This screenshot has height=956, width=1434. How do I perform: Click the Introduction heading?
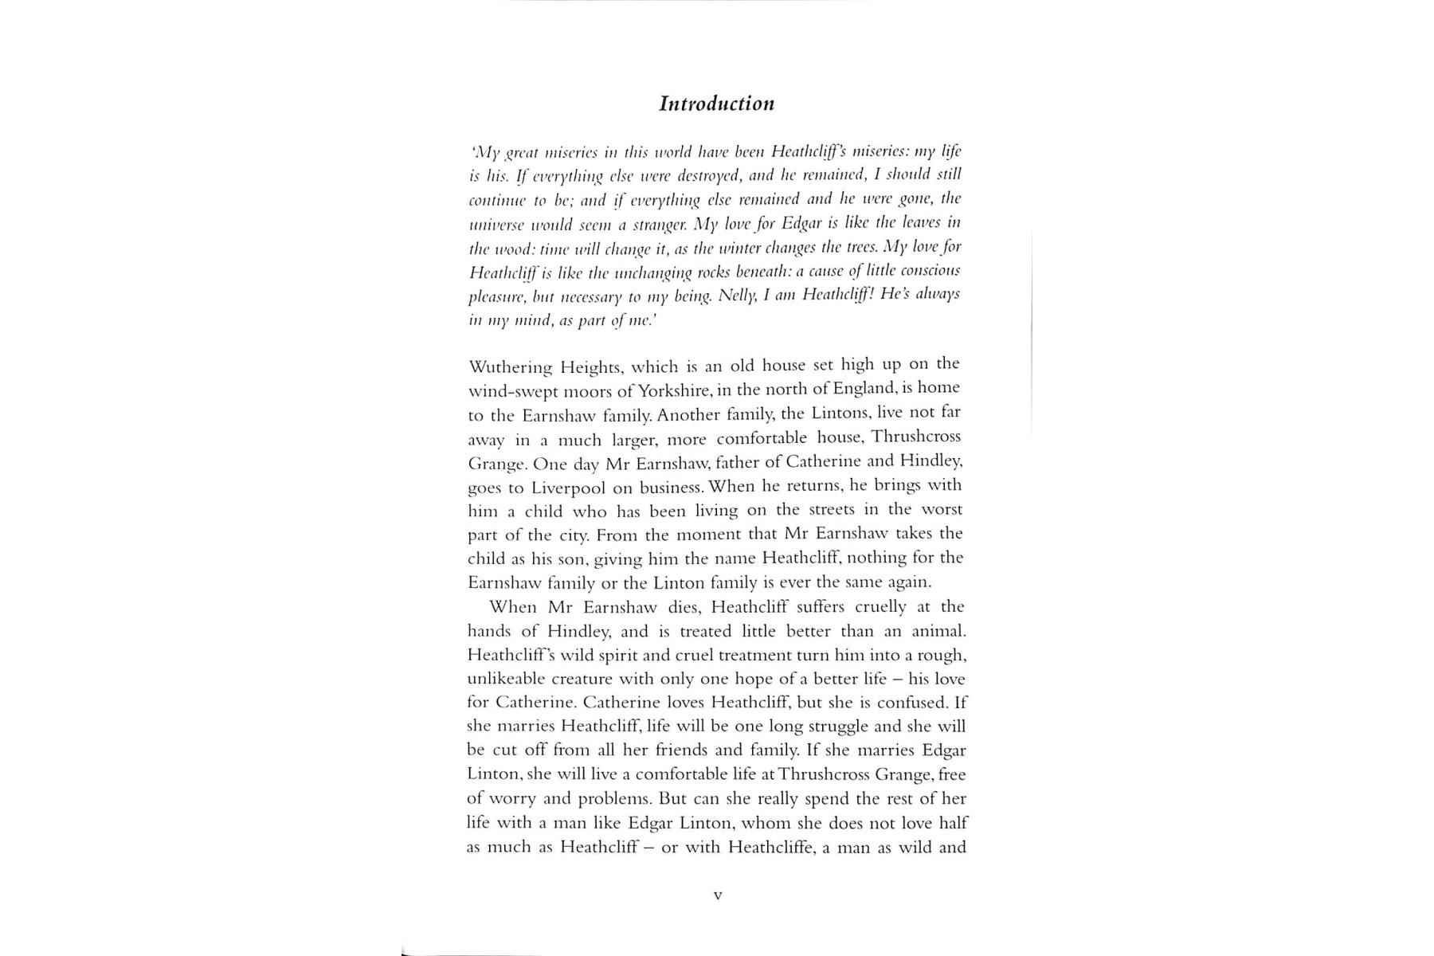pos(716,104)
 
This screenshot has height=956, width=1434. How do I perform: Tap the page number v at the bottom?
pos(718,895)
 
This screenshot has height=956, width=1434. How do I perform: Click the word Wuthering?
pos(510,367)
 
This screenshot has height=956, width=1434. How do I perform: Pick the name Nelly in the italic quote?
pos(737,295)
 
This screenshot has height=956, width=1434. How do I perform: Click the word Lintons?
pos(840,413)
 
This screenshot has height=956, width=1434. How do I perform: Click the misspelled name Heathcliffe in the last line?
pos(769,847)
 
